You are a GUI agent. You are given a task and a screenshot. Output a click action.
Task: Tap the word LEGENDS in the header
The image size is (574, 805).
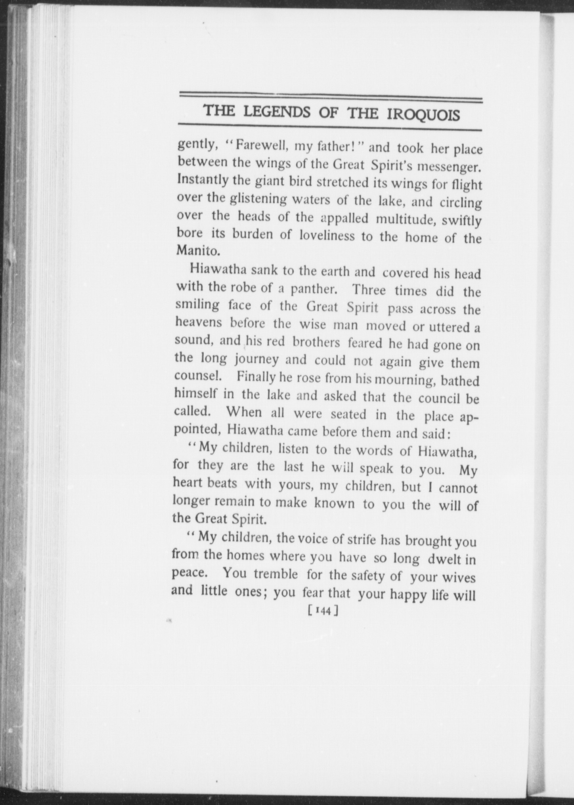click(x=277, y=112)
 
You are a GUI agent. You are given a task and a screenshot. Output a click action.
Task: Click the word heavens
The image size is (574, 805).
click(x=198, y=322)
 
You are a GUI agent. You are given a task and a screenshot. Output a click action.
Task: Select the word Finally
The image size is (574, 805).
click(x=256, y=377)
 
